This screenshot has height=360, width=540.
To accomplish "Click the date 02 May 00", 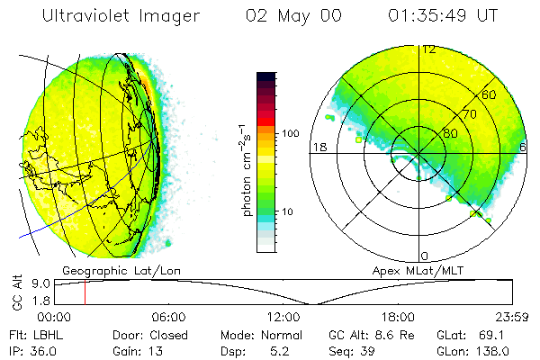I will (x=294, y=17).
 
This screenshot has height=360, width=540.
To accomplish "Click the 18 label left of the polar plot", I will (x=318, y=147).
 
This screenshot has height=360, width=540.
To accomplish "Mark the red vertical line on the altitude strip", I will (x=85, y=292).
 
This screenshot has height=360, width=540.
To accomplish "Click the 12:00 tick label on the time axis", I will (x=283, y=317).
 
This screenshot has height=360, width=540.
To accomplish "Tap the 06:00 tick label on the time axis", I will (x=168, y=317).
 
